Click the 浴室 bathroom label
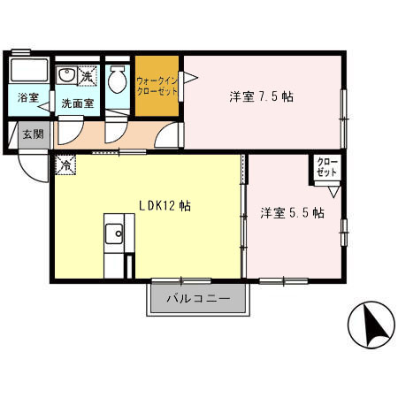(28, 97)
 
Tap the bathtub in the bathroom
(29, 71)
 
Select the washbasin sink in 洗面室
(66, 75)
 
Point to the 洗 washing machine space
(87, 76)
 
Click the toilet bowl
(118, 79)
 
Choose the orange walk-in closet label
(157, 86)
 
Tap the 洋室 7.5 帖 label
(261, 96)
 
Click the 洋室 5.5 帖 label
(292, 212)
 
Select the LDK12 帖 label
(165, 206)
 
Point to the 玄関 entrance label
(34, 134)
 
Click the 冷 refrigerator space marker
(65, 165)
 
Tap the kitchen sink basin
(114, 233)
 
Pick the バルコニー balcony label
(198, 299)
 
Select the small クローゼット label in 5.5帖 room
(327, 167)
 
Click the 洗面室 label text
(78, 103)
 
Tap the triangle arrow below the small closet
(334, 192)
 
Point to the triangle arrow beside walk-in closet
(190, 78)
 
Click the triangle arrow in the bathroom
(44, 107)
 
